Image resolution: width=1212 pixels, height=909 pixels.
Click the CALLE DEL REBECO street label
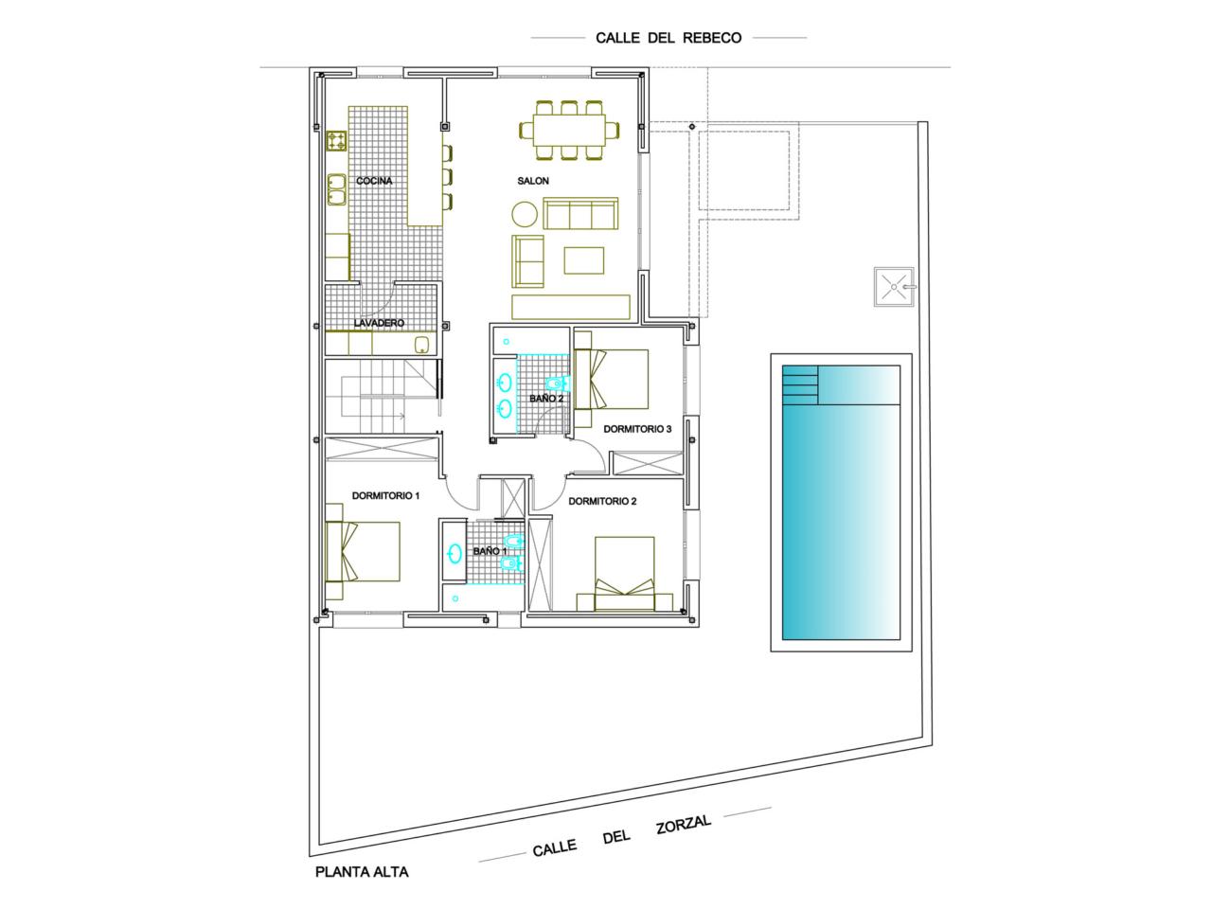pyautogui.click(x=668, y=38)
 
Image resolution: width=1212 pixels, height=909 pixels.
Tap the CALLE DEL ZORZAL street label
pyautogui.click(x=622, y=837)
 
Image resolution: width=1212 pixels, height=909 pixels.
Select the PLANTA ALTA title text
pyautogui.click(x=362, y=873)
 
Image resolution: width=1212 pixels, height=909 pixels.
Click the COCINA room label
pyautogui.click(x=374, y=181)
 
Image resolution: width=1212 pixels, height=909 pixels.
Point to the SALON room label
pyautogui.click(x=533, y=181)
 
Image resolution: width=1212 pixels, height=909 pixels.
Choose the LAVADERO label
pyautogui.click(x=379, y=323)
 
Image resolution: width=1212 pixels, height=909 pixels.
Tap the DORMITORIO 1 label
pyautogui.click(x=386, y=496)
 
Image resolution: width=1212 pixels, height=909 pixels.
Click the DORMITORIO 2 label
pyautogui.click(x=602, y=502)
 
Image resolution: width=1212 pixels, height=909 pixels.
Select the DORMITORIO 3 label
pyautogui.click(x=637, y=429)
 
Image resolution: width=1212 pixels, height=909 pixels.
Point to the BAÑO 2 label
pyautogui.click(x=546, y=399)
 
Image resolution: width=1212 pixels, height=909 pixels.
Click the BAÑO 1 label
pyautogui.click(x=490, y=551)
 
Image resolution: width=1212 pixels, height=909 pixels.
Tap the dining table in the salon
pyautogui.click(x=569, y=131)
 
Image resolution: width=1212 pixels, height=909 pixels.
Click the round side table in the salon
pyautogui.click(x=524, y=214)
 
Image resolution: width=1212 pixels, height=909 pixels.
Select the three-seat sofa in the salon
pyautogui.click(x=580, y=213)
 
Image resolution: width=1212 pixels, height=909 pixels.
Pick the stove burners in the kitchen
pyautogui.click(x=337, y=141)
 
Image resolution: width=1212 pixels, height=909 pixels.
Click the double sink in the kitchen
pyautogui.click(x=336, y=190)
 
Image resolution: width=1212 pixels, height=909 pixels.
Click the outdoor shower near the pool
pyautogui.click(x=894, y=287)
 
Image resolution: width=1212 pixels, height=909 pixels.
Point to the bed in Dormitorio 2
pyautogui.click(x=625, y=574)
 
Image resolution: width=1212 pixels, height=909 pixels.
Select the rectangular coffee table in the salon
pyautogui.click(x=583, y=260)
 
